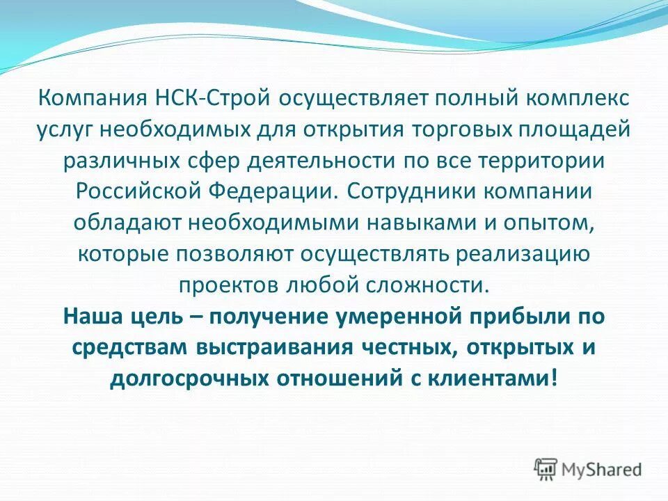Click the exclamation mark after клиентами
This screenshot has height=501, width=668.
coord(553,379)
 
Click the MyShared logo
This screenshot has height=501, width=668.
coord(588,468)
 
